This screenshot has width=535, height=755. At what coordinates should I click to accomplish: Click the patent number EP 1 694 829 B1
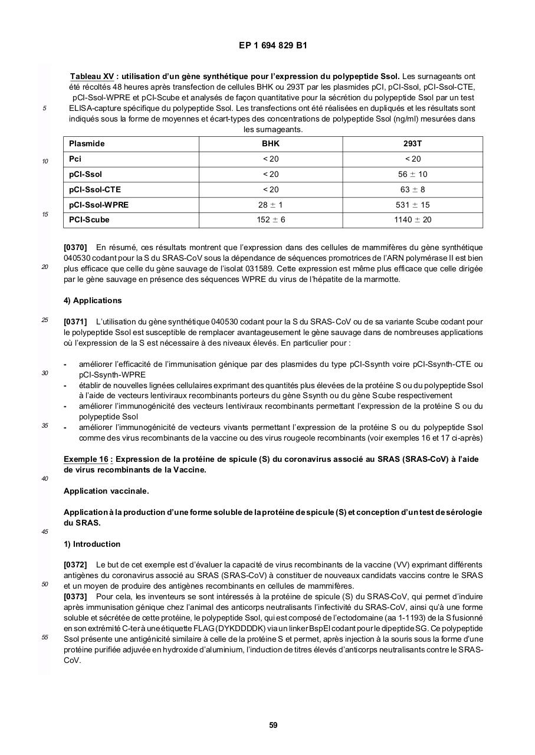273,45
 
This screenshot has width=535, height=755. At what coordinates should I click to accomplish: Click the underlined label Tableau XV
92,77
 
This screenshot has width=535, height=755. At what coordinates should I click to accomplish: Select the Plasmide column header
87,144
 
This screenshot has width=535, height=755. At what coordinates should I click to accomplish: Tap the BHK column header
271,144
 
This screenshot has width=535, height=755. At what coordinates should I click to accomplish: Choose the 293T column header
412,144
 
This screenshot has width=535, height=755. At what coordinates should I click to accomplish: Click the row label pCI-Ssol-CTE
94,190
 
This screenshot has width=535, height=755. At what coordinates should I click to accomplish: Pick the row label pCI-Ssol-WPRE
99,205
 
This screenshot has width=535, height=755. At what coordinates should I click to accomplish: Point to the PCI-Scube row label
89,220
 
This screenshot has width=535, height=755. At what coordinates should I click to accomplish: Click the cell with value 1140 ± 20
412,220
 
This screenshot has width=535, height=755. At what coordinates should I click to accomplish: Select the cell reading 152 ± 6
271,220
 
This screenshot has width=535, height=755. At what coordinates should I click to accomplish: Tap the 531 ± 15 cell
412,205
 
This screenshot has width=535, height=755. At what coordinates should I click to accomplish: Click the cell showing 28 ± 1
271,205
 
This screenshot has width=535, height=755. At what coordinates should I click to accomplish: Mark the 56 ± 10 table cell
412,175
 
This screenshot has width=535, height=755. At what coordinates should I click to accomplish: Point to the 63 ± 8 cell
412,190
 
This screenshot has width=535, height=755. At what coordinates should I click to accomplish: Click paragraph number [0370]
75,248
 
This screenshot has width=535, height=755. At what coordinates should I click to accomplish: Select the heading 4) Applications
93,301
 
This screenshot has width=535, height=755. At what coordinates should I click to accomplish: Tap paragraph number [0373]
75,597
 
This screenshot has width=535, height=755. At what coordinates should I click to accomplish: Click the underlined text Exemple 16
86,459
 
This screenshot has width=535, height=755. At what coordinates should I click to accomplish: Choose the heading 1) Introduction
92,544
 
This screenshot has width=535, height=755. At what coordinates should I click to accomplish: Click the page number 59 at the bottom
273,726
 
